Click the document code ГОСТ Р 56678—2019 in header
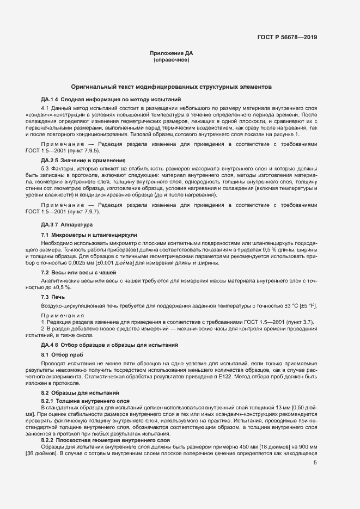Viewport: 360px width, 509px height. pyautogui.click(x=287, y=38)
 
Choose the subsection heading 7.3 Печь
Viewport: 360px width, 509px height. pyautogui.click(x=53, y=297)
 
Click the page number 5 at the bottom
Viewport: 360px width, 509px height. pyautogui.click(x=315, y=463)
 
